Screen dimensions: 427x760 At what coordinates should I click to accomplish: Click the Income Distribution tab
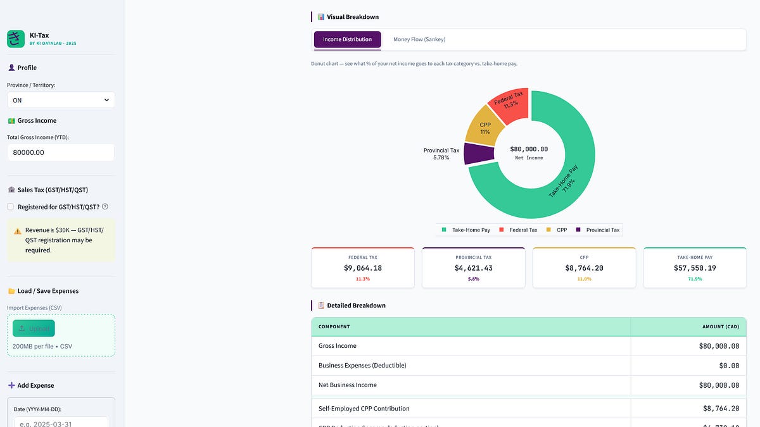point(347,40)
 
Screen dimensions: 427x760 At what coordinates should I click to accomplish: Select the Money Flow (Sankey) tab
point(419,40)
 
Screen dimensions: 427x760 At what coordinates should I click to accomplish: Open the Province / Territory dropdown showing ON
point(61,100)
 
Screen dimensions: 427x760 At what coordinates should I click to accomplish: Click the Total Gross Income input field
point(61,152)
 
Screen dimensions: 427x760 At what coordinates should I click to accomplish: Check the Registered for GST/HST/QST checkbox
point(10,207)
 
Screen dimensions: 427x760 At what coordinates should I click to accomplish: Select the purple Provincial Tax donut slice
point(479,153)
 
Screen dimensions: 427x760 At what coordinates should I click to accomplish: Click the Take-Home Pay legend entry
point(465,230)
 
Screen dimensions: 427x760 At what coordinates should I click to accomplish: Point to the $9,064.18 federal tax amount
point(363,268)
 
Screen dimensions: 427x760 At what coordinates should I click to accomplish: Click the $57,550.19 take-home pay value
point(695,268)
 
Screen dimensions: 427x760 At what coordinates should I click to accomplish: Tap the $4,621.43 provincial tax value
point(473,268)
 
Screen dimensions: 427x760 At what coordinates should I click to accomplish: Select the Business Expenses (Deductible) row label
point(362,366)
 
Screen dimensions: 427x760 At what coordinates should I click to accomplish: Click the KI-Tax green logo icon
point(16,39)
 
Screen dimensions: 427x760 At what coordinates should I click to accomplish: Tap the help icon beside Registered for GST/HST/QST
point(105,207)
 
